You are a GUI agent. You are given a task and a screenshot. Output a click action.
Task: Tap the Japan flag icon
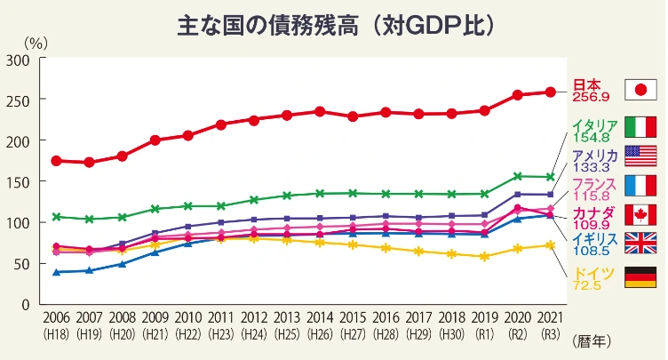point(640,90)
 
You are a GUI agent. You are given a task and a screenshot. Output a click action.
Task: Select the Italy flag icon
point(640,127)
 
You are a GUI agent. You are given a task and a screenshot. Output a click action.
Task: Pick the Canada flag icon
point(640,214)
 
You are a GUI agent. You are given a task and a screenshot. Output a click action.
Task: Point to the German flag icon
point(640,276)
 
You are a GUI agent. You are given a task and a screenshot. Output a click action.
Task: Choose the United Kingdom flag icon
point(640,244)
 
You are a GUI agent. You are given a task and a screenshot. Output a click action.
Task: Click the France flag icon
point(640,185)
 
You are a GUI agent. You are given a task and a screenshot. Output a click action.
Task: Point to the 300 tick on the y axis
point(20,60)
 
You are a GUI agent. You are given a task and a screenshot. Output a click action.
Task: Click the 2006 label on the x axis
point(57,317)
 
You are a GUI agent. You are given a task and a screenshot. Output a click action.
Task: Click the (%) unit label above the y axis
point(35,41)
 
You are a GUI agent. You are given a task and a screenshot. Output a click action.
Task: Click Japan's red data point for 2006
point(57,161)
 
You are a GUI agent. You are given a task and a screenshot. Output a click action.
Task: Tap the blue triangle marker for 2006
point(57,271)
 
